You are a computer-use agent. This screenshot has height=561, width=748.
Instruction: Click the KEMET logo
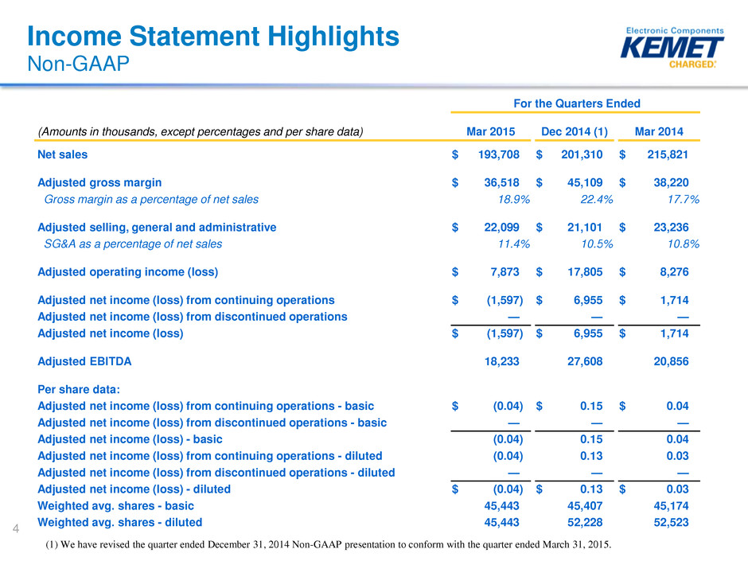click(672, 48)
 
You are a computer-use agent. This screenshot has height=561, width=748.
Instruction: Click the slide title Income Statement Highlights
click(213, 37)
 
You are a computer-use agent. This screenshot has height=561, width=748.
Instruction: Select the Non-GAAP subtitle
click(78, 64)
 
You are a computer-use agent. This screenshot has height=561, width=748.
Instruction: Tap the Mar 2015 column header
click(490, 131)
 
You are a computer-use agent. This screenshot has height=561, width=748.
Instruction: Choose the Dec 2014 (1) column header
click(575, 131)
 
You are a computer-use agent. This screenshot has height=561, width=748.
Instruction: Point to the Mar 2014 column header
click(659, 131)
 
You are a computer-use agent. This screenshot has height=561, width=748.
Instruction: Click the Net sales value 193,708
click(498, 154)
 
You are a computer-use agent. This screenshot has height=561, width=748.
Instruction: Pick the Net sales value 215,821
click(668, 154)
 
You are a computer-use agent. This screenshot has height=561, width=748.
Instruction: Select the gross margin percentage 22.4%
click(596, 200)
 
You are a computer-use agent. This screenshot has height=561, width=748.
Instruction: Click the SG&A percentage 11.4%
click(514, 244)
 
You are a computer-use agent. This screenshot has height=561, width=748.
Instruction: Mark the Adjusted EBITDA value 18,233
click(502, 361)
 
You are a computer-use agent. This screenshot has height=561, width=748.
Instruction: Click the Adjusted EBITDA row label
click(84, 361)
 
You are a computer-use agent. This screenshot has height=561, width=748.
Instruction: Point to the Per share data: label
click(79, 389)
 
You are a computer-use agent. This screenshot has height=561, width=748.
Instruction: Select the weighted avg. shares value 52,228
click(585, 522)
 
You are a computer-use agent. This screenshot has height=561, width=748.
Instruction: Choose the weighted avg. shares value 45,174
click(671, 505)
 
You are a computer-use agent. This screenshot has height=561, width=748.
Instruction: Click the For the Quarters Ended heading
click(577, 103)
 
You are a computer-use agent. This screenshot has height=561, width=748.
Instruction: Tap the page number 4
click(16, 528)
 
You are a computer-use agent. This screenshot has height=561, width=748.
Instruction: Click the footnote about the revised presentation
click(328, 544)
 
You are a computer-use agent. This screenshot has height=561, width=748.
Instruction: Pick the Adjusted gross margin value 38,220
click(671, 183)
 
